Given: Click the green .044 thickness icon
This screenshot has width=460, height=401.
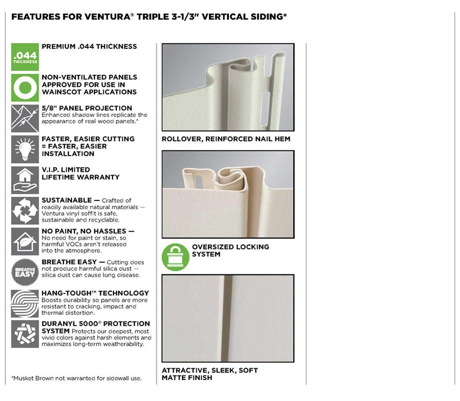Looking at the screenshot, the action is [x=25, y=57].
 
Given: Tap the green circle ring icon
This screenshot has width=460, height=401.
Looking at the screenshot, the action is [x=25, y=87].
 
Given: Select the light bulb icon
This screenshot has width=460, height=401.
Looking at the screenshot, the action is [x=25, y=149].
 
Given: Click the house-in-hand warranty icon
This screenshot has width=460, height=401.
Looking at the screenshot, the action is [x=25, y=180].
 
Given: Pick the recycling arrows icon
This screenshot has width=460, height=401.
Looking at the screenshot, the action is [x=25, y=211].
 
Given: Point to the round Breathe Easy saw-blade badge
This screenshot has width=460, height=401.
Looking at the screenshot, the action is [x=25, y=272].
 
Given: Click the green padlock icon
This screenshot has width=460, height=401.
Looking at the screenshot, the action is [x=175, y=257].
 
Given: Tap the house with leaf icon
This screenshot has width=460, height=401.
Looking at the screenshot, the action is [x=25, y=242].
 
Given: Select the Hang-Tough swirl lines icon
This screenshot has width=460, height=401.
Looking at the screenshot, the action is [x=25, y=304].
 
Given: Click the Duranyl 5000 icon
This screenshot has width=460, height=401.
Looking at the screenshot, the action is [x=25, y=334].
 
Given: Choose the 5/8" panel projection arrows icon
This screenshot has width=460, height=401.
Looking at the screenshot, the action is [x=25, y=118].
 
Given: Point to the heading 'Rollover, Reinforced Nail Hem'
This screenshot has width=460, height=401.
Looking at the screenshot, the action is [x=226, y=139].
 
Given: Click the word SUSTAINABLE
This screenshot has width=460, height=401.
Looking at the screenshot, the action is [x=67, y=200].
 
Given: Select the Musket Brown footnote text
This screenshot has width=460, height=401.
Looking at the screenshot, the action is [x=76, y=378].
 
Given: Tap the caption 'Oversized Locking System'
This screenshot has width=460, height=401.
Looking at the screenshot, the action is [x=230, y=251].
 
